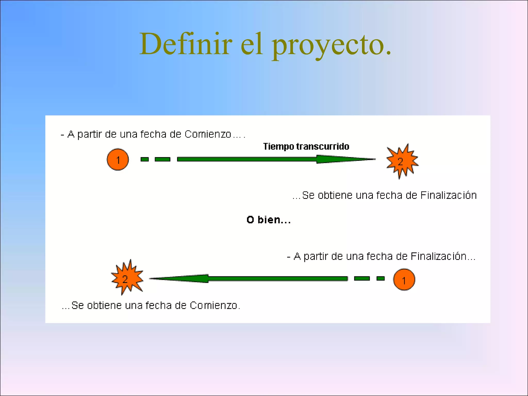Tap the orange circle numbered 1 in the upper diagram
point(118,160)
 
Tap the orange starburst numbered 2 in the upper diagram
point(401,161)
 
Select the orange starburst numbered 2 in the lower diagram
point(126,278)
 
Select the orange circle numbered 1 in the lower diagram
point(404,280)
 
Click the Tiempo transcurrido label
point(306,146)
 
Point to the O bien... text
point(269,220)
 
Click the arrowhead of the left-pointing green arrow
point(180,278)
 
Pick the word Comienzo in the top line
point(208,134)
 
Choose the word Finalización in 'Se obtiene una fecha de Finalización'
point(448,195)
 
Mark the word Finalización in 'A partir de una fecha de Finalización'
point(438,256)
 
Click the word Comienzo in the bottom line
point(213,306)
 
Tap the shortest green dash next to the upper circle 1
point(145,159)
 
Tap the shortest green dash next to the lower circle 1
point(381,278)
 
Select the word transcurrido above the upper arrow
point(323,146)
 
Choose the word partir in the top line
point(89,134)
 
